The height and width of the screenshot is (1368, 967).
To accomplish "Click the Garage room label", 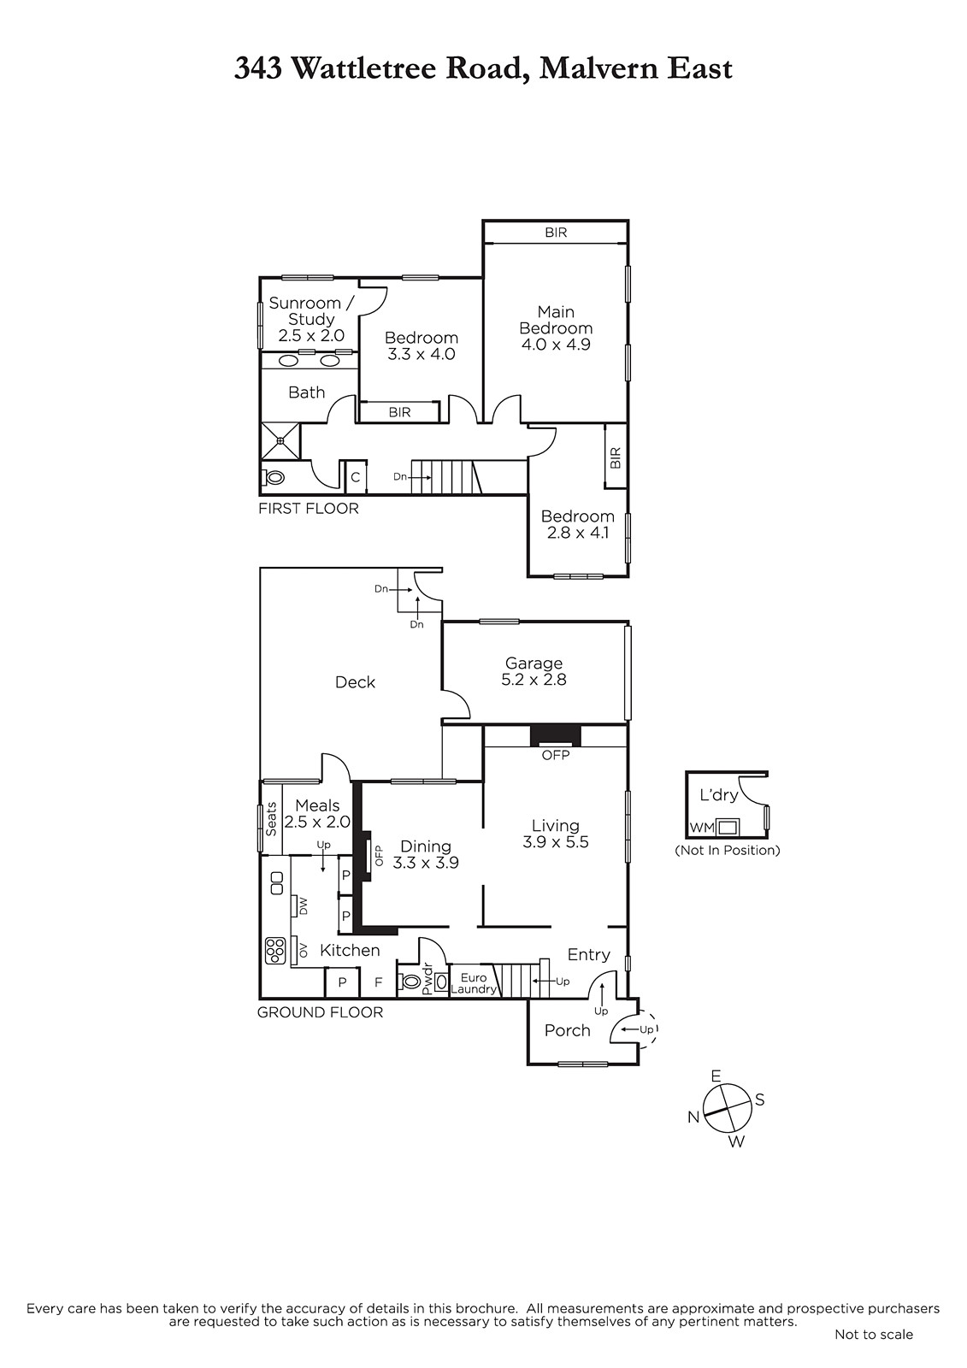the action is coord(534,663).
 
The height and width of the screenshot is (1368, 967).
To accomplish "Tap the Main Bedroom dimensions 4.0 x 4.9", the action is coord(556,345).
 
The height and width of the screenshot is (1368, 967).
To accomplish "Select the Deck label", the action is coord(355,682).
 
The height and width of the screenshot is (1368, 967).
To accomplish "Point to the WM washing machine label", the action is coord(702,828).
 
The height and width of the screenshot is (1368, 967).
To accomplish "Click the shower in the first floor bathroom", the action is coord(281,440).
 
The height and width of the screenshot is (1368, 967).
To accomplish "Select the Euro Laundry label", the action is coord(474,983).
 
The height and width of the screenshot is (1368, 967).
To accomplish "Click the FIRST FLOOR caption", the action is coord(309,508).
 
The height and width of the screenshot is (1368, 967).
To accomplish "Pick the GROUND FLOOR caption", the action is coord(320,1012).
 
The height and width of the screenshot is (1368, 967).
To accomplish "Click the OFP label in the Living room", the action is coord(556,756).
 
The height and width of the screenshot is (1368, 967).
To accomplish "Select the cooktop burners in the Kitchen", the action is coord(275,951).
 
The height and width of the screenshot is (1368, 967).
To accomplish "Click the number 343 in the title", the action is coord(258,68).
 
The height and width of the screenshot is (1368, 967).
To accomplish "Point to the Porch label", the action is coord(568,1030).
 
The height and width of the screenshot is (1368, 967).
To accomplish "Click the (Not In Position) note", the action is coord(728,850).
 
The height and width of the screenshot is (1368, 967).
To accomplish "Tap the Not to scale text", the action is coord(874,1335).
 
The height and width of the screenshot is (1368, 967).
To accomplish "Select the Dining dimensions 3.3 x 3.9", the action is coord(426,863).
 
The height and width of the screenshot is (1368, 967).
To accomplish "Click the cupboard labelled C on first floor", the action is coord(356,477).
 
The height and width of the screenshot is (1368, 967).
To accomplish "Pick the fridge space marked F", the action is coord(379,982).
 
